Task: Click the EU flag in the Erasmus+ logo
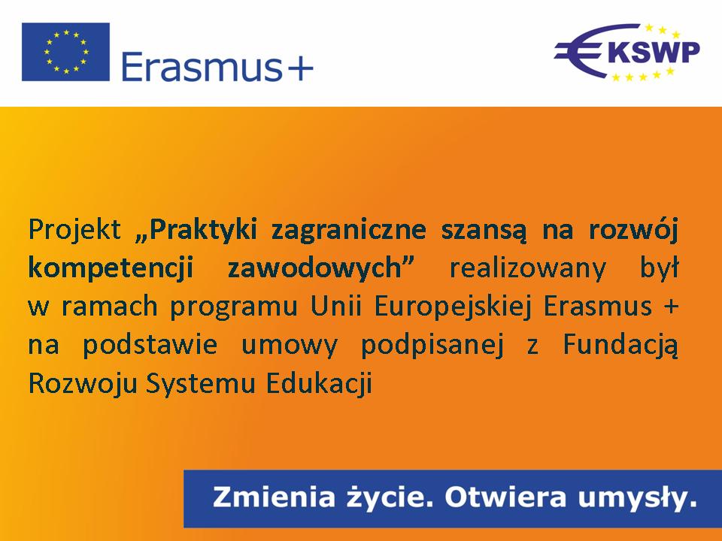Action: pyautogui.click(x=66, y=52)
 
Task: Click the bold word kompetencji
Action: pyautogui.click(x=111, y=267)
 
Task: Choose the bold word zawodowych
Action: pyautogui.click(x=320, y=267)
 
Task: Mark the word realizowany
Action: pyautogui.click(x=528, y=267)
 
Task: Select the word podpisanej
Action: pyautogui.click(x=432, y=345)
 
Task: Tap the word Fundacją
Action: pyautogui.click(x=620, y=345)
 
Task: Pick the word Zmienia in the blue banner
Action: pyautogui.click(x=274, y=497)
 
